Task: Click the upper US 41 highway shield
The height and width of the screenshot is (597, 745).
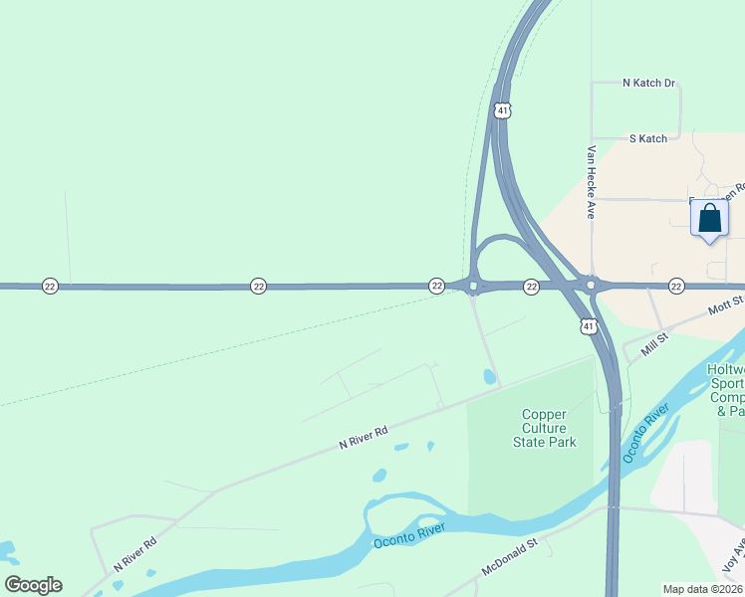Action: coord(502,109)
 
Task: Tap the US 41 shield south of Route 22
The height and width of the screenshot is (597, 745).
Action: coord(588,326)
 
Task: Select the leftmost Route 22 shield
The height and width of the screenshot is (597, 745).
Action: coord(50,287)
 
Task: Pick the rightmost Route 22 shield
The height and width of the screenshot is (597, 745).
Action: coord(676,287)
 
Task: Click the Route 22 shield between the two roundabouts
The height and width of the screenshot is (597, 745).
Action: coord(532,287)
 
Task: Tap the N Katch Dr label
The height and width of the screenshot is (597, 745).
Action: coord(648,84)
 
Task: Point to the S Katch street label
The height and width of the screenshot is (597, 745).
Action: coord(647,139)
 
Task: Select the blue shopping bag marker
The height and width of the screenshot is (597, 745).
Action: coord(709,220)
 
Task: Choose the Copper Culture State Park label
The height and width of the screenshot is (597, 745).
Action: coord(545,428)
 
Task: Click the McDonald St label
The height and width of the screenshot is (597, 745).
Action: coord(508,557)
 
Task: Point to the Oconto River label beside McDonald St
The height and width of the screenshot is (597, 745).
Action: coord(407,538)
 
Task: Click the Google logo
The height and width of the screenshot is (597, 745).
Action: coord(33,584)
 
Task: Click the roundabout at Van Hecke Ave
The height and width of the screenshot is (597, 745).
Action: coord(591,286)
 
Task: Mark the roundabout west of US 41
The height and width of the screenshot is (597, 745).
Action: coord(472,288)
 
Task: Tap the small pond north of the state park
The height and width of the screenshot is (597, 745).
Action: coord(488,377)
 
